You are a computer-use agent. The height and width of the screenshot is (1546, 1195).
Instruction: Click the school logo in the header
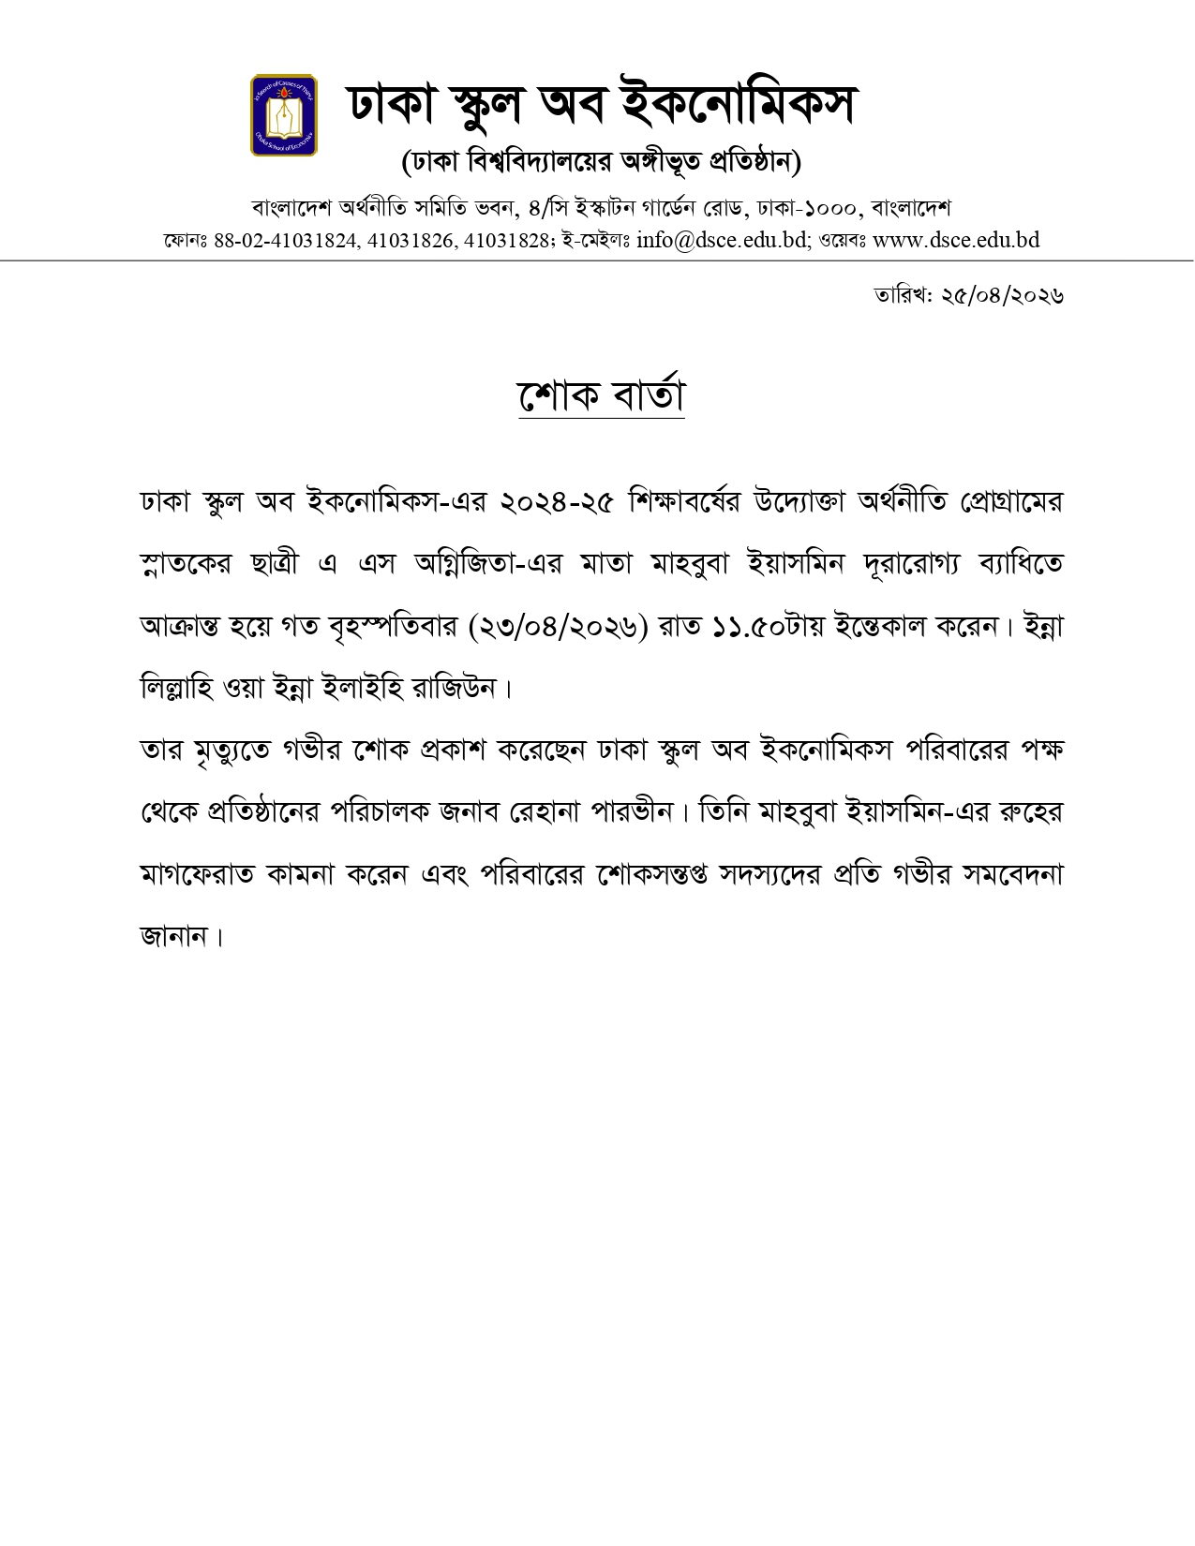pyautogui.click(x=283, y=115)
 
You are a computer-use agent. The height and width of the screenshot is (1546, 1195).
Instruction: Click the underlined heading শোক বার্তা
pyautogui.click(x=601, y=396)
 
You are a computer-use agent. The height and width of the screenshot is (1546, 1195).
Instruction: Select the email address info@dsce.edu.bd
pyautogui.click(x=722, y=240)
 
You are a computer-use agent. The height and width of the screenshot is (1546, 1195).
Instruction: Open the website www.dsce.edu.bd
pyautogui.click(x=956, y=240)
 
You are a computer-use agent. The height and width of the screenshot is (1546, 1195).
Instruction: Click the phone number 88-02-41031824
pyautogui.click(x=286, y=241)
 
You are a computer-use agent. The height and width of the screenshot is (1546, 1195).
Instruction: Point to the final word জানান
pyautogui.click(x=173, y=937)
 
